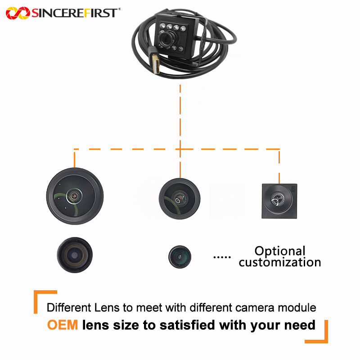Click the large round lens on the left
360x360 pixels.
75,196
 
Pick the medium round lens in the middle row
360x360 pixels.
179,197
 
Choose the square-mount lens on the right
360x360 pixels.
279,201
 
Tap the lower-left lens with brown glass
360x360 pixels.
75,255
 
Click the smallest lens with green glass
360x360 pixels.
180,256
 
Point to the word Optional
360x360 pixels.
280,251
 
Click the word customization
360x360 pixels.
280,262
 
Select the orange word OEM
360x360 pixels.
63,324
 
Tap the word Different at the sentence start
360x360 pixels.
68,308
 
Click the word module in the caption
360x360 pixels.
299,308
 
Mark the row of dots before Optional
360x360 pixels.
222,257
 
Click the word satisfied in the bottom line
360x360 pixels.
188,324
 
